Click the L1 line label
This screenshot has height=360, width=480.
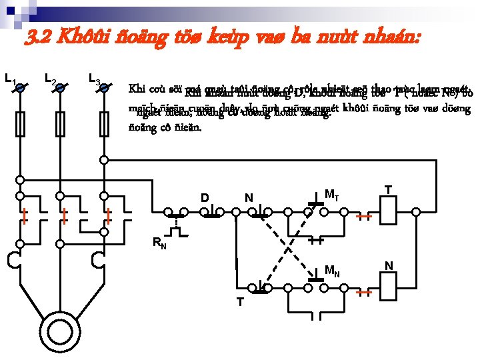pyautogui.click(x=9, y=81)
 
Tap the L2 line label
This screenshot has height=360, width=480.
pyautogui.click(x=49, y=81)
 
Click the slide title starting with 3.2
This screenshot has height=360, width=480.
pyautogui.click(x=223, y=37)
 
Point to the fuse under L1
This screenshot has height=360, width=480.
pyautogui.click(x=21, y=124)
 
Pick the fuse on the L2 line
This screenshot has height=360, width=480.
pyautogui.click(x=61, y=124)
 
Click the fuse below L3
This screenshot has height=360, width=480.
pyautogui.click(x=104, y=124)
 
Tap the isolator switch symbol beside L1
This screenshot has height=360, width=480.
pyautogui.click(x=21, y=87)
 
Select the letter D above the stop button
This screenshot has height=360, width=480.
pyautogui.click(x=205, y=198)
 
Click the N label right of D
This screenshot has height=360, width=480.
pyautogui.click(x=248, y=198)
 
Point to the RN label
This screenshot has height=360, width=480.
pyautogui.click(x=159, y=243)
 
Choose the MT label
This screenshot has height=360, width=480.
pyautogui.click(x=332, y=195)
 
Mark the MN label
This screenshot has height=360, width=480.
pyautogui.click(x=332, y=271)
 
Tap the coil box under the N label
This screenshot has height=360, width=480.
pyautogui.click(x=389, y=288)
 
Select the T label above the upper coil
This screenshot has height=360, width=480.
pyautogui.click(x=387, y=190)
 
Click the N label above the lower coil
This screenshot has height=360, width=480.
pyautogui.click(x=389, y=266)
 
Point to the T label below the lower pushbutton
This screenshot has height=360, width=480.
pyautogui.click(x=240, y=302)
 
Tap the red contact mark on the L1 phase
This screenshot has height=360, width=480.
pyautogui.click(x=24, y=215)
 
